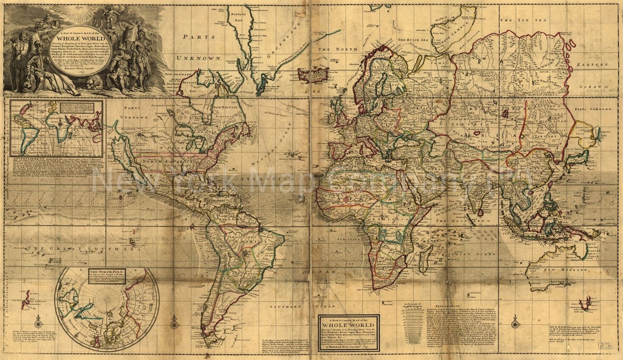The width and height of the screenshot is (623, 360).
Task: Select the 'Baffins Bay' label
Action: (238, 16)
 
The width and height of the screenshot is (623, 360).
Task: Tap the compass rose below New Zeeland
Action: (38, 322)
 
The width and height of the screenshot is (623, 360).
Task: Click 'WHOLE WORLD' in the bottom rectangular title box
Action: (348, 325)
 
